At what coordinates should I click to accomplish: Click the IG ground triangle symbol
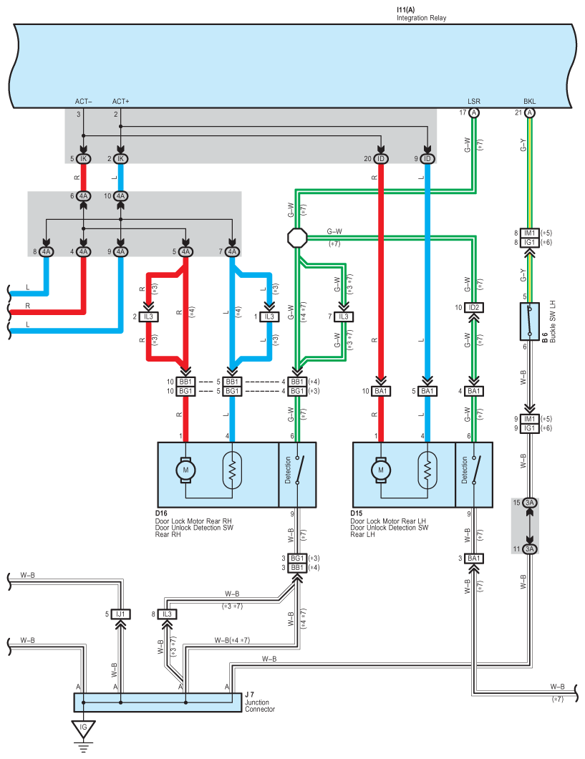[83, 728]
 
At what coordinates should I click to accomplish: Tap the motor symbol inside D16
[185, 470]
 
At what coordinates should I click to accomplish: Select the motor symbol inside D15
[381, 470]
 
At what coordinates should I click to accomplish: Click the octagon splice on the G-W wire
[297, 237]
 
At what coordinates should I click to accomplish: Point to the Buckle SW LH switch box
[530, 322]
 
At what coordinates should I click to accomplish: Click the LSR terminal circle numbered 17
[474, 113]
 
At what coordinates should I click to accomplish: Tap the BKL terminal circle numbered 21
[530, 113]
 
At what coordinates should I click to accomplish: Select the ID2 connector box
[474, 307]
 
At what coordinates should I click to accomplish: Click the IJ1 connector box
[120, 614]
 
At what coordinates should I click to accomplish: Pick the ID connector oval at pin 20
[381, 159]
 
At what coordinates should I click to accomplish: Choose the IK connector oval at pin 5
[83, 159]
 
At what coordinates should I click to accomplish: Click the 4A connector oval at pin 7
[232, 252]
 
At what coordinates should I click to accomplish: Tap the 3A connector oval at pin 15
[530, 503]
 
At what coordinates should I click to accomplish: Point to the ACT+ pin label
[120, 102]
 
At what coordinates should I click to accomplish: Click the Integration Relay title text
[422, 18]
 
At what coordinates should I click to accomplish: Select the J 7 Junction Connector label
[260, 702]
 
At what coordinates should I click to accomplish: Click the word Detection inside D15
[464, 470]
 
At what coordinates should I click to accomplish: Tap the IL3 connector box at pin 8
[167, 614]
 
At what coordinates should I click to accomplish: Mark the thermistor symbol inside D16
[232, 470]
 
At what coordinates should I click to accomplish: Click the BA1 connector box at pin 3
[474, 559]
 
